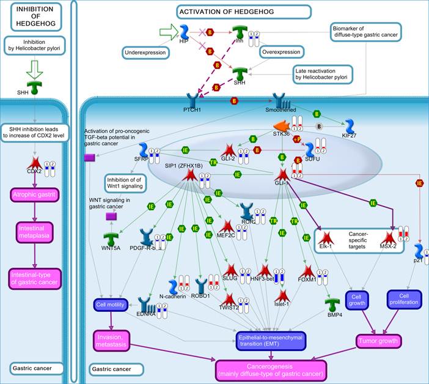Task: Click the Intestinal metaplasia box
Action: point(35,232)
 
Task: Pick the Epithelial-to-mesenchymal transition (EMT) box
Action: point(280,340)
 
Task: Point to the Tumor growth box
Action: point(378,341)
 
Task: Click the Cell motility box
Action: point(110,304)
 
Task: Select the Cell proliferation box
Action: point(403,298)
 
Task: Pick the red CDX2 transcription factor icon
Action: point(35,163)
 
